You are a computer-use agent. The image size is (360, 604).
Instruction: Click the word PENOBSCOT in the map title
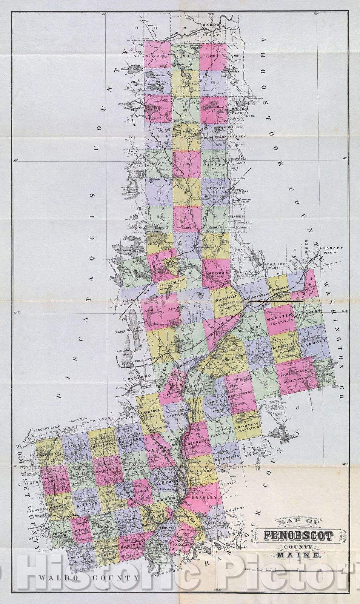[x=298, y=535]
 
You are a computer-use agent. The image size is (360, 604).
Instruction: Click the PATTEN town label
[x=214, y=165]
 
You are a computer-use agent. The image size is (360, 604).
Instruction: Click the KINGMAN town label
[x=280, y=288]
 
